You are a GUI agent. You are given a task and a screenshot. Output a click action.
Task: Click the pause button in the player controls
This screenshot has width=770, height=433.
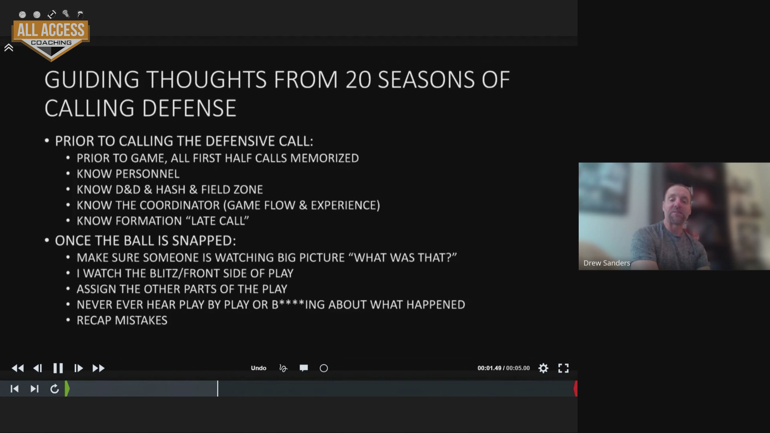coord(58,368)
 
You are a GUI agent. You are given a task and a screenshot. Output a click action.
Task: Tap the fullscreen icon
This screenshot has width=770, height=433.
coord(563,368)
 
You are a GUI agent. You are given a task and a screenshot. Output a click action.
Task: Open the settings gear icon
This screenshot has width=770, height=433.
coord(543,368)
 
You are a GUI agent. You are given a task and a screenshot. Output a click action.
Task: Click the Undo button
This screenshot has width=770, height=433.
coord(259,368)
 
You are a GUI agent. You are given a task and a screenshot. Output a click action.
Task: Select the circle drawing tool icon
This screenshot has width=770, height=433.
coord(324,368)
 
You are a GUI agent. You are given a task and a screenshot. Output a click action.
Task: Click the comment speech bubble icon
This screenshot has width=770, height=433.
coord(304,368)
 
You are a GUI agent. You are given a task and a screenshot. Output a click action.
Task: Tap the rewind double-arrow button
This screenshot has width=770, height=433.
coord(18,368)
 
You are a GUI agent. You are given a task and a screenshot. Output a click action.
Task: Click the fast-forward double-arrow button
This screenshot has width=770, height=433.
coord(99,368)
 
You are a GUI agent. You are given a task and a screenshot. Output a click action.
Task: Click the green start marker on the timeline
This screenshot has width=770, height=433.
coord(67,388)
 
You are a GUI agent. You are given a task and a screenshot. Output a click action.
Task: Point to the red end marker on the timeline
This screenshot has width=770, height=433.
coord(575,388)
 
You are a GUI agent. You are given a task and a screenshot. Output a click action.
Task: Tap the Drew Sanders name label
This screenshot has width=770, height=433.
coord(607,263)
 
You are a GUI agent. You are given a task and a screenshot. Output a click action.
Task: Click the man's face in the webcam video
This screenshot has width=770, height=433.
coord(677,204)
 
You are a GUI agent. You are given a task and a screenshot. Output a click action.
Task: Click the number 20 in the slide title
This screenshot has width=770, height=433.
coord(358,79)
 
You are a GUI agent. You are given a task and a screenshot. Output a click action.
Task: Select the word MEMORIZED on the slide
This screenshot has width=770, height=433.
coord(324,158)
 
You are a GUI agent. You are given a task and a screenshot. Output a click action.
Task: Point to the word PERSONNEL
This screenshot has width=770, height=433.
coord(148,174)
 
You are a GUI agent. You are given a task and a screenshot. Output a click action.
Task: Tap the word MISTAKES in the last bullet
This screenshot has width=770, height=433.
coord(141,320)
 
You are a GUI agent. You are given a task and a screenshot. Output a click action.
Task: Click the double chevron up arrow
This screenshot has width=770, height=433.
coord(9,48)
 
